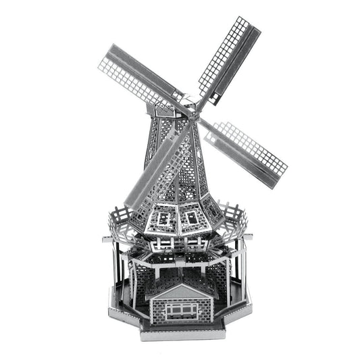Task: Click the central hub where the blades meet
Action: point(193,110)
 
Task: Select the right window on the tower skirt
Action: point(193,217)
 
